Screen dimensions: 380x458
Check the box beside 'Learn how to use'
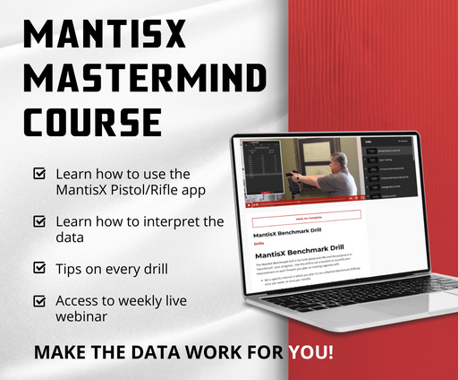pyautogui.click(x=39, y=172)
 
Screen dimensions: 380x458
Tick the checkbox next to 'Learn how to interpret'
pyautogui.click(x=39, y=220)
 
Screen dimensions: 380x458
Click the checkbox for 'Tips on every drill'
pyautogui.click(x=39, y=268)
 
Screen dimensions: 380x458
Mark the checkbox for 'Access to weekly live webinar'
pyautogui.click(x=39, y=301)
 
